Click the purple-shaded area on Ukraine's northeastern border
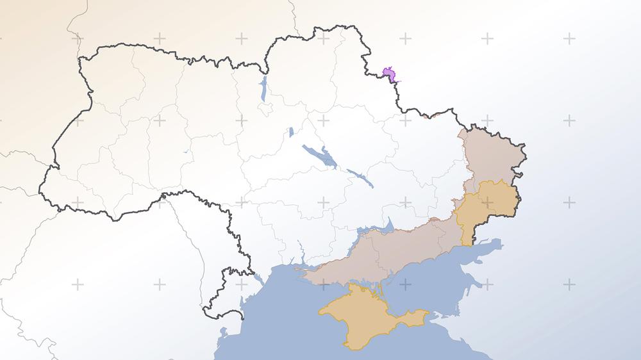[x=389, y=75]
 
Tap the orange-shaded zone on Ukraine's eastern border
[x=487, y=205]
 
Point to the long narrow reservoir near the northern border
[x=263, y=90]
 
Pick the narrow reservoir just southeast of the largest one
[x=361, y=178]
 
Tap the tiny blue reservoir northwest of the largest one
[x=290, y=132]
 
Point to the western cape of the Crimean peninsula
[x=321, y=312]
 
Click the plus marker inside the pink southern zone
[x=405, y=244]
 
